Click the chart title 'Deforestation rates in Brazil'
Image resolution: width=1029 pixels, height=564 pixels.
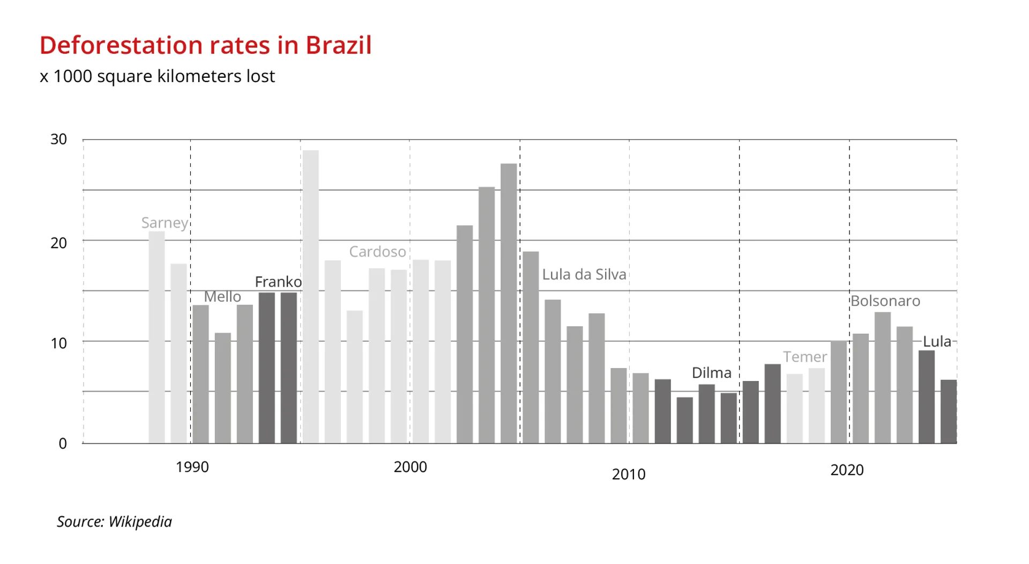[205, 45]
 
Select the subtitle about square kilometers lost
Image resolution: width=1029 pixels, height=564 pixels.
[157, 76]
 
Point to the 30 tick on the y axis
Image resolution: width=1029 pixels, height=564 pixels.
[58, 140]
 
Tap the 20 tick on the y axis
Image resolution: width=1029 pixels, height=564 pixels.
[58, 243]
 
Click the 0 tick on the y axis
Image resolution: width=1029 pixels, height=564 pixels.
[63, 444]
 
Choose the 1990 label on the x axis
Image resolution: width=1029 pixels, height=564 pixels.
[192, 467]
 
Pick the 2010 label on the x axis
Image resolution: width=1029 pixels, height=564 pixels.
[628, 474]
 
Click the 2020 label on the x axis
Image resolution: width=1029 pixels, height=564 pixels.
[847, 470]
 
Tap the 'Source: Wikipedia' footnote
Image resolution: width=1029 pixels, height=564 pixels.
[114, 522]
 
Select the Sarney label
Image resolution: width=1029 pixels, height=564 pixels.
[165, 223]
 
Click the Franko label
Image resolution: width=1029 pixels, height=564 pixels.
[278, 282]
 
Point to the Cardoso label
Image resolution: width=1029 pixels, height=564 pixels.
[377, 252]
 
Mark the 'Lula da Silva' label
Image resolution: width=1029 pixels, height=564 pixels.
[584, 275]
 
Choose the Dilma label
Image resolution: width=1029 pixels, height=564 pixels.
[711, 373]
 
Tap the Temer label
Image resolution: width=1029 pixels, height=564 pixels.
[804, 357]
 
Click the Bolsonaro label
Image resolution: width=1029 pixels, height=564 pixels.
[885, 301]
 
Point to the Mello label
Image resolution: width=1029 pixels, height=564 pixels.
[222, 297]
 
